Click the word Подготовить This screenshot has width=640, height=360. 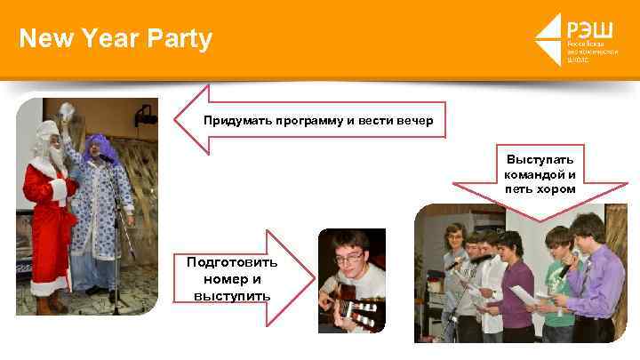pyautogui.click(x=232, y=262)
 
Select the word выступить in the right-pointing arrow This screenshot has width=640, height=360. pyautogui.click(x=231, y=294)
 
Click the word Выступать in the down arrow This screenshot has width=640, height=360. pyautogui.click(x=540, y=159)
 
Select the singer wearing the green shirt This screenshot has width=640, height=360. pyautogui.click(x=557, y=284)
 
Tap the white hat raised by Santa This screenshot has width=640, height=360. pyautogui.click(x=66, y=110)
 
